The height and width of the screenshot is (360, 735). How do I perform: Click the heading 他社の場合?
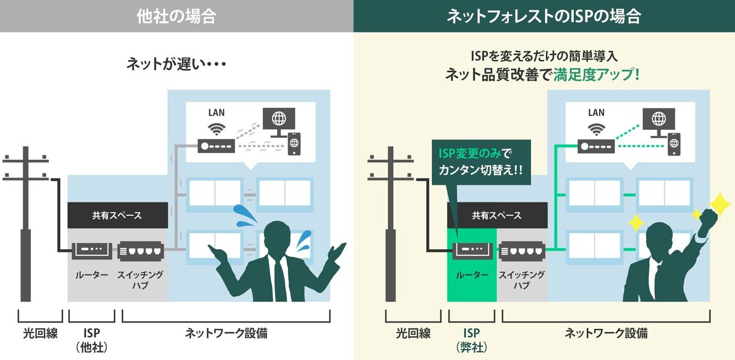click(176, 16)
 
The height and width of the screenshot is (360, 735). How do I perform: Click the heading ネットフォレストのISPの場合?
click(544, 16)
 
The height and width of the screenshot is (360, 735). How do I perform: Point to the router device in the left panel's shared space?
click(92, 250)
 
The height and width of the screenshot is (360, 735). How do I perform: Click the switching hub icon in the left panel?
click(140, 250)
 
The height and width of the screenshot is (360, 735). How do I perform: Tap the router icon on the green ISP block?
click(472, 250)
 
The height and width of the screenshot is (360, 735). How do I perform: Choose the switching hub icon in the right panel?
click(521, 250)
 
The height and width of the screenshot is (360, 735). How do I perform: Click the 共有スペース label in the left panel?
click(117, 216)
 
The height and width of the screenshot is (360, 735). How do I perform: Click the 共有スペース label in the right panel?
click(497, 216)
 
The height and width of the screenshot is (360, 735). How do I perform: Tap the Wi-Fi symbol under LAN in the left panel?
click(216, 129)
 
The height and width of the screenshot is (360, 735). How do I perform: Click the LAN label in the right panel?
click(596, 113)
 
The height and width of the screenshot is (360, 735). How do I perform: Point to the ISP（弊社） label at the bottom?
click(472, 339)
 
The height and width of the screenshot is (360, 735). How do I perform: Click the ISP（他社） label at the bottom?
click(92, 339)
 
